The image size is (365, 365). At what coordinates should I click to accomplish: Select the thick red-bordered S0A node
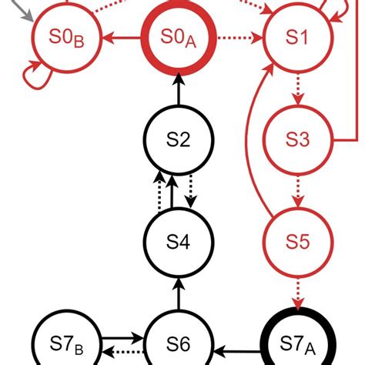[x=178, y=37]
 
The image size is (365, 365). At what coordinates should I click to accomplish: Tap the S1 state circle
[x=297, y=37]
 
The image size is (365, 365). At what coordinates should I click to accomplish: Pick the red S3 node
[x=297, y=139]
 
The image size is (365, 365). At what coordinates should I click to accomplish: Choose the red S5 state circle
[x=297, y=241]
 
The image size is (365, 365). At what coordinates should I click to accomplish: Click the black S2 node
[x=178, y=139]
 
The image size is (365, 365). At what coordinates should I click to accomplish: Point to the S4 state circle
[x=178, y=241]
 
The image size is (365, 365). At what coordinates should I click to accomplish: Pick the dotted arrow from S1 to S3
[x=297, y=89]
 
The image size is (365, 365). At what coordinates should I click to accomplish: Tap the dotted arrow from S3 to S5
[x=297, y=190]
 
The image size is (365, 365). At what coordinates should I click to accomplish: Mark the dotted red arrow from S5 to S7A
[x=297, y=292]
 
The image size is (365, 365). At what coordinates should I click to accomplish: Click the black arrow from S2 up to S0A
[x=178, y=89]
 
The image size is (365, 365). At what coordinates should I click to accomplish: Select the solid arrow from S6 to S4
[x=178, y=292]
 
